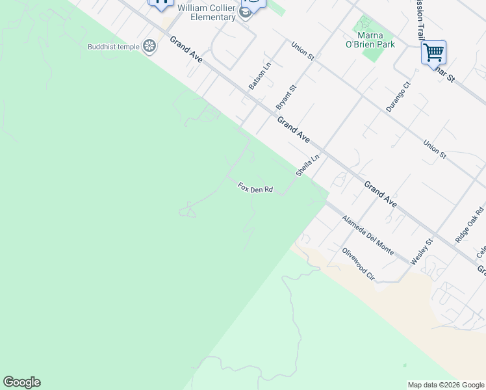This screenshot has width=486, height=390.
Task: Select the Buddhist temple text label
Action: [x=114, y=46]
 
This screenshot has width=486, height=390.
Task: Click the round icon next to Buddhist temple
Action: [x=150, y=46]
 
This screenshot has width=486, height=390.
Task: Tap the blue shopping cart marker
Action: [x=433, y=51]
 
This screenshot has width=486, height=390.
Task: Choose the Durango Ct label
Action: [x=398, y=97]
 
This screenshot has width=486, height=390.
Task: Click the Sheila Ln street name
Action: [x=308, y=166]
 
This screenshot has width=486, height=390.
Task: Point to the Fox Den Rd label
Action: [x=255, y=188]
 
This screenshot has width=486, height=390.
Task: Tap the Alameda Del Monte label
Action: [x=368, y=235]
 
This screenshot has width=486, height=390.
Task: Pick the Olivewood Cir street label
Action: [x=359, y=264]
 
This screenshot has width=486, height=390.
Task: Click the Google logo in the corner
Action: [x=21, y=382]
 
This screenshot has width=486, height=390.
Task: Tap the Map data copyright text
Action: [x=446, y=385]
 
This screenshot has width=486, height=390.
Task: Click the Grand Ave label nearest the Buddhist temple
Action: [x=186, y=49]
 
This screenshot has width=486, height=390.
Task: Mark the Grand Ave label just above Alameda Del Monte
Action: [x=380, y=194]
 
